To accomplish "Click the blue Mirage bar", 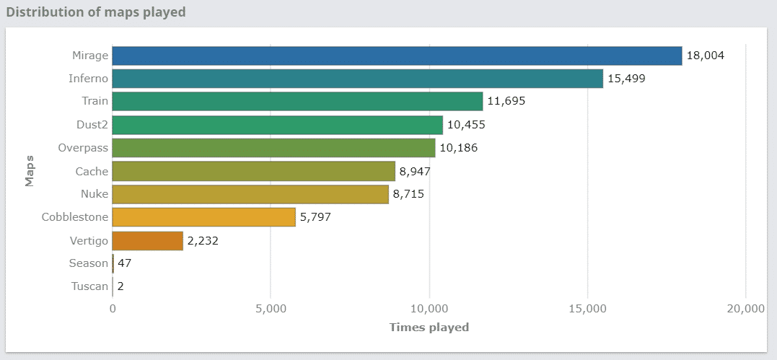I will (397, 56).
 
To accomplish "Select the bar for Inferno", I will (357, 79).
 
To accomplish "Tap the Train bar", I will (297, 102).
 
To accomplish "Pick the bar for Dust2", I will (278, 125).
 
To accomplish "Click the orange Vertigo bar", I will (148, 241).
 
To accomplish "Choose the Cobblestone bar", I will (204, 217).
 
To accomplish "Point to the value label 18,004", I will (705, 56).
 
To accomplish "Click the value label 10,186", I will (459, 148).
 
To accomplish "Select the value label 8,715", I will (412, 194).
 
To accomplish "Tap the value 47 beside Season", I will (124, 263).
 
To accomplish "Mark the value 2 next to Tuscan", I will (120, 286).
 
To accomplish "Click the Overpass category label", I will (83, 148).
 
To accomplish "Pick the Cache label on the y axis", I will (92, 171).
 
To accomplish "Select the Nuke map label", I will (94, 194).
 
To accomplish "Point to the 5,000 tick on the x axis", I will (271, 309).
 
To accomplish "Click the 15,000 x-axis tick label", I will (587, 309).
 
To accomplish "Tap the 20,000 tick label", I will (745, 309).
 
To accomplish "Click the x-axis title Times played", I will (429, 327).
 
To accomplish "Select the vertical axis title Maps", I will (30, 171).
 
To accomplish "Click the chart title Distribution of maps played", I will (96, 12).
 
